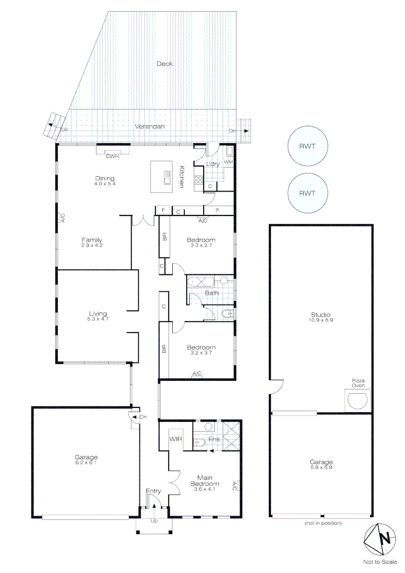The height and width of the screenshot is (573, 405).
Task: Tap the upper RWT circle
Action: click(307, 146)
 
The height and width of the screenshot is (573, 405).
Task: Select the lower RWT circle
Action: click(307, 193)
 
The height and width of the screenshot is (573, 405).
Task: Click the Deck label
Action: click(164, 64)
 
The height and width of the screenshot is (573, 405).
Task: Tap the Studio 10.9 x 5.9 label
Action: click(321, 317)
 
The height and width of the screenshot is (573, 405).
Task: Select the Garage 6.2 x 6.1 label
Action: click(86, 459)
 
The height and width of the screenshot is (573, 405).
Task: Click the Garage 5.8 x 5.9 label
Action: click(321, 465)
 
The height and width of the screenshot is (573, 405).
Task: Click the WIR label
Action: click(176, 439)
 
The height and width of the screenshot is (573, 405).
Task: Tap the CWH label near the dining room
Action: click(111, 155)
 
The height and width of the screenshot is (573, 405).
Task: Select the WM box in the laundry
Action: click(228, 161)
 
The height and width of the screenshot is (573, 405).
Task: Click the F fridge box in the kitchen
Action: click(163, 211)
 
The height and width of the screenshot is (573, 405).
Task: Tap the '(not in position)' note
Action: click(323, 523)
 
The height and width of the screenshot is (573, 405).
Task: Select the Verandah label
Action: click(149, 127)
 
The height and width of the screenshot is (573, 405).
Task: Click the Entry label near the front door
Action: click(154, 491)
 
